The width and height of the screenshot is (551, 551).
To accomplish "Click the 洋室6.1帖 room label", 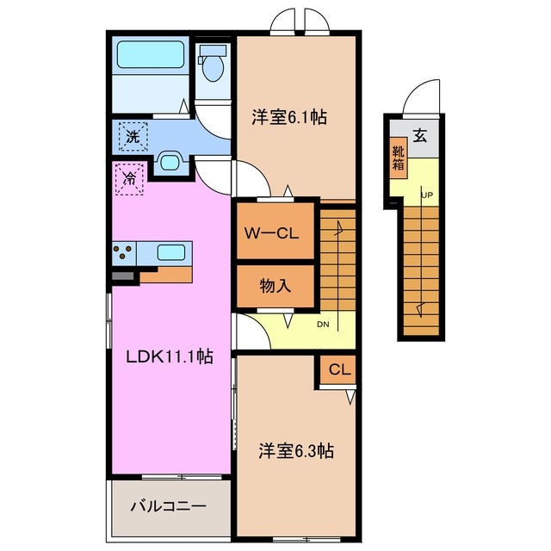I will pos(289,117).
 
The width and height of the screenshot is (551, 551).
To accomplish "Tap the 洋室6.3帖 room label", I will pos(297,450).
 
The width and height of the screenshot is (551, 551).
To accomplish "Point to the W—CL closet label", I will pos(275,232).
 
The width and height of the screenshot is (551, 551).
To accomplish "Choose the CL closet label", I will pos(340,371).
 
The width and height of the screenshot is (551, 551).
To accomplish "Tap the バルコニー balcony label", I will pos(168,505).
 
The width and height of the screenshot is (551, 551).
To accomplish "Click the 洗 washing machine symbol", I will pos(132,135).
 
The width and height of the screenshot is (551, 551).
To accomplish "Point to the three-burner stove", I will pos(124,253).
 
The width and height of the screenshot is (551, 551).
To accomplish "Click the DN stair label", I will pos(323,325).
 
